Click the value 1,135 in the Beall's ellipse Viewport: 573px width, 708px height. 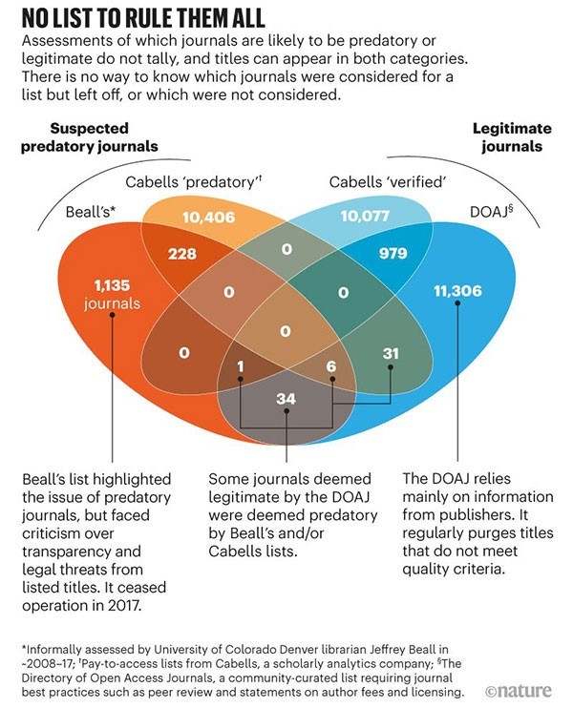point(114,285)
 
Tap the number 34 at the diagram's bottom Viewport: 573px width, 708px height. point(286,398)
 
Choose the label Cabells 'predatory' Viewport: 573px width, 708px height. point(194,180)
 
